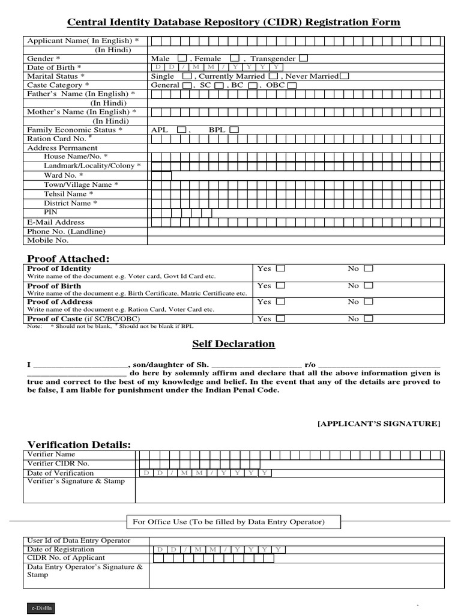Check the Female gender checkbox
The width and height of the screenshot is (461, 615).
pyautogui.click(x=235, y=58)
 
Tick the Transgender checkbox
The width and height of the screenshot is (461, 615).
pyautogui.click(x=304, y=58)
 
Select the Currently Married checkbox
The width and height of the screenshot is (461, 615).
pyautogui.click(x=273, y=76)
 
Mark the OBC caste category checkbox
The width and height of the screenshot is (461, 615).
pyautogui.click(x=292, y=85)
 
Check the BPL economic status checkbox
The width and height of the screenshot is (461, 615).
pyautogui.click(x=234, y=129)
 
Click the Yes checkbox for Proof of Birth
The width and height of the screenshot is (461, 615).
pyautogui.click(x=280, y=286)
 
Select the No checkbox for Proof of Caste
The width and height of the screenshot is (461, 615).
pyautogui.click(x=368, y=318)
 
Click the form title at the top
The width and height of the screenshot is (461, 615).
pyautogui.click(x=233, y=23)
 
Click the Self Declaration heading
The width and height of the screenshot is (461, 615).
pyautogui.click(x=233, y=344)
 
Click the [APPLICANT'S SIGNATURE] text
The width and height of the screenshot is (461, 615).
pyautogui.click(x=379, y=423)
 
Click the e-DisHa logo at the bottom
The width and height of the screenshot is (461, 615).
pyautogui.click(x=41, y=608)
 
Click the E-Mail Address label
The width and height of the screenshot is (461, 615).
pyautogui.click(x=56, y=222)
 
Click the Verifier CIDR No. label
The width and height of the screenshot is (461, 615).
pyautogui.click(x=58, y=464)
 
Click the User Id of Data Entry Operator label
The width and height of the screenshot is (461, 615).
pyautogui.click(x=79, y=541)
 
